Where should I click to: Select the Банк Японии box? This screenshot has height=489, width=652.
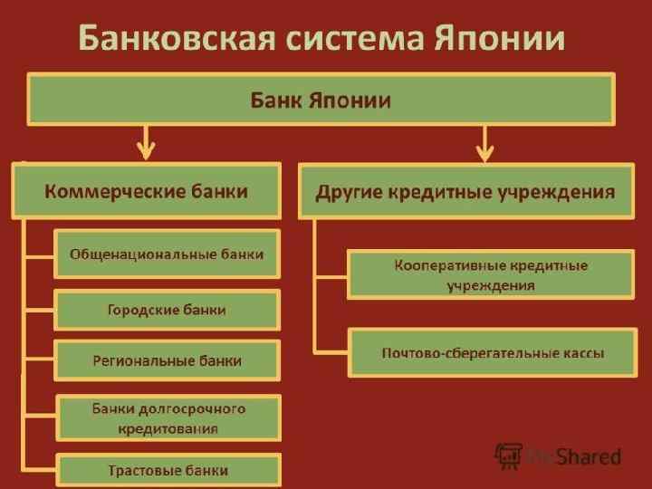tap(321, 100)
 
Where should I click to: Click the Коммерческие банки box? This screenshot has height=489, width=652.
tap(147, 191)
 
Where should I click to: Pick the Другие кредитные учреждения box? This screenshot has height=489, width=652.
tap(465, 191)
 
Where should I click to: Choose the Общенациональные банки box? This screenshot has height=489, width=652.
tap(168, 254)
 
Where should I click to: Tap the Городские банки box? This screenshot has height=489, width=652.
tap(168, 310)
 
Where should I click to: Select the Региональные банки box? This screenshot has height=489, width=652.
tap(168, 360)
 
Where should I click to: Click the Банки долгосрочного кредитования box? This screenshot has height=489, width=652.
tap(168, 417)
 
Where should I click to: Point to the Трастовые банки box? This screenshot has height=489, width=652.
tap(168, 470)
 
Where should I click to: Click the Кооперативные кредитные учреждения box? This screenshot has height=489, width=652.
tap(491, 274)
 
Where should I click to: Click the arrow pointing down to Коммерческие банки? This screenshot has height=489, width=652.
tap(146, 143)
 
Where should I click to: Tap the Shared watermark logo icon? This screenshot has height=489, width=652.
tap(510, 455)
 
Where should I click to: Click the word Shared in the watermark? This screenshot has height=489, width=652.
tap(590, 456)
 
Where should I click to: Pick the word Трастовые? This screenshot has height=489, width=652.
tap(140, 470)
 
